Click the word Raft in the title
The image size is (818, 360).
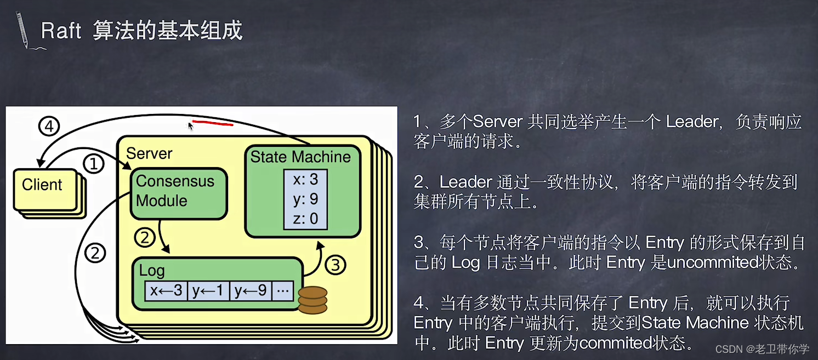click(61, 31)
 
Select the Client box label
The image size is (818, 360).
click(42, 185)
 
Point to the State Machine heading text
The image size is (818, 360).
click(300, 157)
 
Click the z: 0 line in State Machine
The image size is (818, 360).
click(305, 219)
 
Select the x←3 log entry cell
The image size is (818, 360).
click(166, 290)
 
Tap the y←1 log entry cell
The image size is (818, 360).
click(208, 290)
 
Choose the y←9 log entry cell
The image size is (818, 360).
click(251, 290)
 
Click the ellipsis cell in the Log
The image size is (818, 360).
click(283, 290)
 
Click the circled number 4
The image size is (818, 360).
click(49, 127)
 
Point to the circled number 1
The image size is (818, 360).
click(94, 163)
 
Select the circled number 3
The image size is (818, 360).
click(336, 265)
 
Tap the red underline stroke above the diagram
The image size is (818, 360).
click(213, 123)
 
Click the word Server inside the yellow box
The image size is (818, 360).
click(149, 153)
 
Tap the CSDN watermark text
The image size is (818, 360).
click(729, 348)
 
